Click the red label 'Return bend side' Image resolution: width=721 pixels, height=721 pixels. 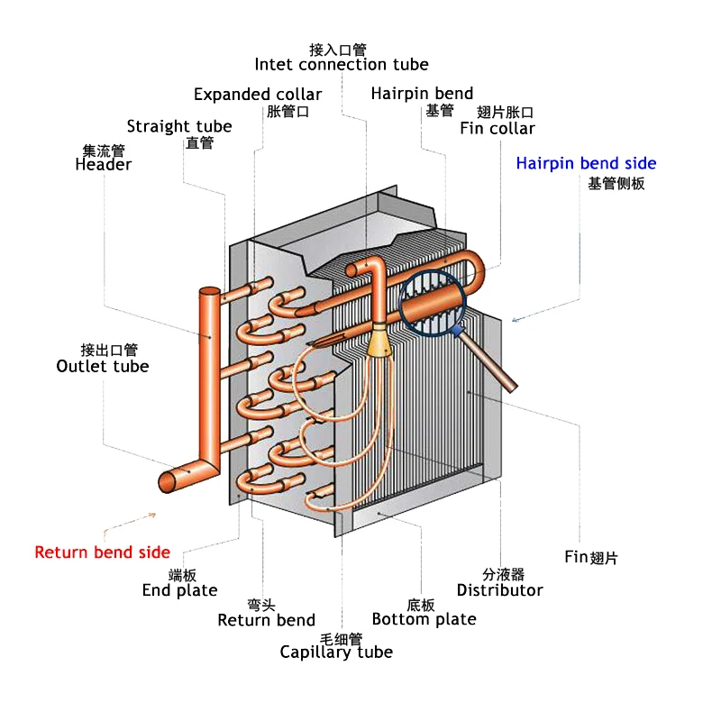tap(102, 552)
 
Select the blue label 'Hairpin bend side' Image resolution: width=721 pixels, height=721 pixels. tap(586, 163)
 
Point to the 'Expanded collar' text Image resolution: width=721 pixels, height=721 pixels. tap(257, 94)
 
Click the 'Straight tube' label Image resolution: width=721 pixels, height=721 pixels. tap(179, 126)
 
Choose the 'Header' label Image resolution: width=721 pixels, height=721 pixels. tap(103, 164)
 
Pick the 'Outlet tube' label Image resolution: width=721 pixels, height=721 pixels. tap(102, 366)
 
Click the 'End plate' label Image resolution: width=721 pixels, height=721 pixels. tap(179, 590)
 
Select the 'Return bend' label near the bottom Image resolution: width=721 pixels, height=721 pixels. tap(266, 620)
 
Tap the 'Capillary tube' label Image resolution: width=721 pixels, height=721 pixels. tap(336, 652)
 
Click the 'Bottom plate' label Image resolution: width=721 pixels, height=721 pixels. tap(424, 619)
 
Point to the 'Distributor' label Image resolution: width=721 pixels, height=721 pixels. tap(499, 590)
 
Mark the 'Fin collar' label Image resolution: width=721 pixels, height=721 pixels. tap(497, 128)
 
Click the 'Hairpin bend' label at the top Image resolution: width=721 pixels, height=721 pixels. tap(422, 94)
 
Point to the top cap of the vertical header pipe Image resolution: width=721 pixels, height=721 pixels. tap(209, 292)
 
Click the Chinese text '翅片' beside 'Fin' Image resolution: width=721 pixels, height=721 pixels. tap(605, 557)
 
